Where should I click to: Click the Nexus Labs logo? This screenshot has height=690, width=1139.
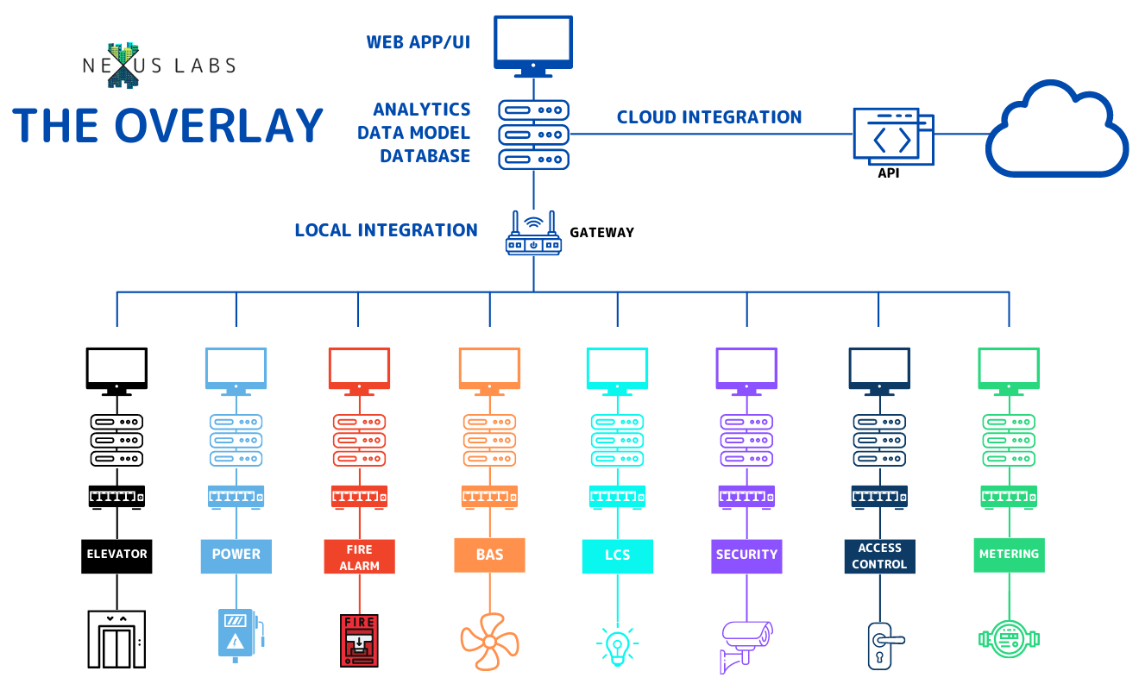click(x=159, y=67)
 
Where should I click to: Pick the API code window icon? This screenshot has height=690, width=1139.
click(x=892, y=136)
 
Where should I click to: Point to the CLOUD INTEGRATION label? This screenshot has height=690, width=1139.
click(x=709, y=117)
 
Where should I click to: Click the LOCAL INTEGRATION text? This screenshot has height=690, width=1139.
click(x=386, y=230)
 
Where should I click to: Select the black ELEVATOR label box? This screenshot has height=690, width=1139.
click(x=116, y=555)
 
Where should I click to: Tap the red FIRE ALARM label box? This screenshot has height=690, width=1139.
click(x=359, y=556)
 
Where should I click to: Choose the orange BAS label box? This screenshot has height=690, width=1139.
click(x=489, y=555)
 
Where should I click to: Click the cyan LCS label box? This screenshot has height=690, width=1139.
click(x=617, y=556)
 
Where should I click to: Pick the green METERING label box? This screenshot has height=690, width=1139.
click(x=1009, y=555)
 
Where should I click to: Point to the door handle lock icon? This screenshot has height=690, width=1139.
click(x=879, y=645)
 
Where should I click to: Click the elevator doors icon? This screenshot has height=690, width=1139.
click(x=116, y=639)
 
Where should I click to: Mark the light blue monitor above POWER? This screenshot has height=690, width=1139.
click(x=236, y=369)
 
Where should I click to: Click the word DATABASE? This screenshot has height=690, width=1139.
click(x=425, y=156)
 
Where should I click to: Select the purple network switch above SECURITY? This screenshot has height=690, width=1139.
click(x=746, y=496)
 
